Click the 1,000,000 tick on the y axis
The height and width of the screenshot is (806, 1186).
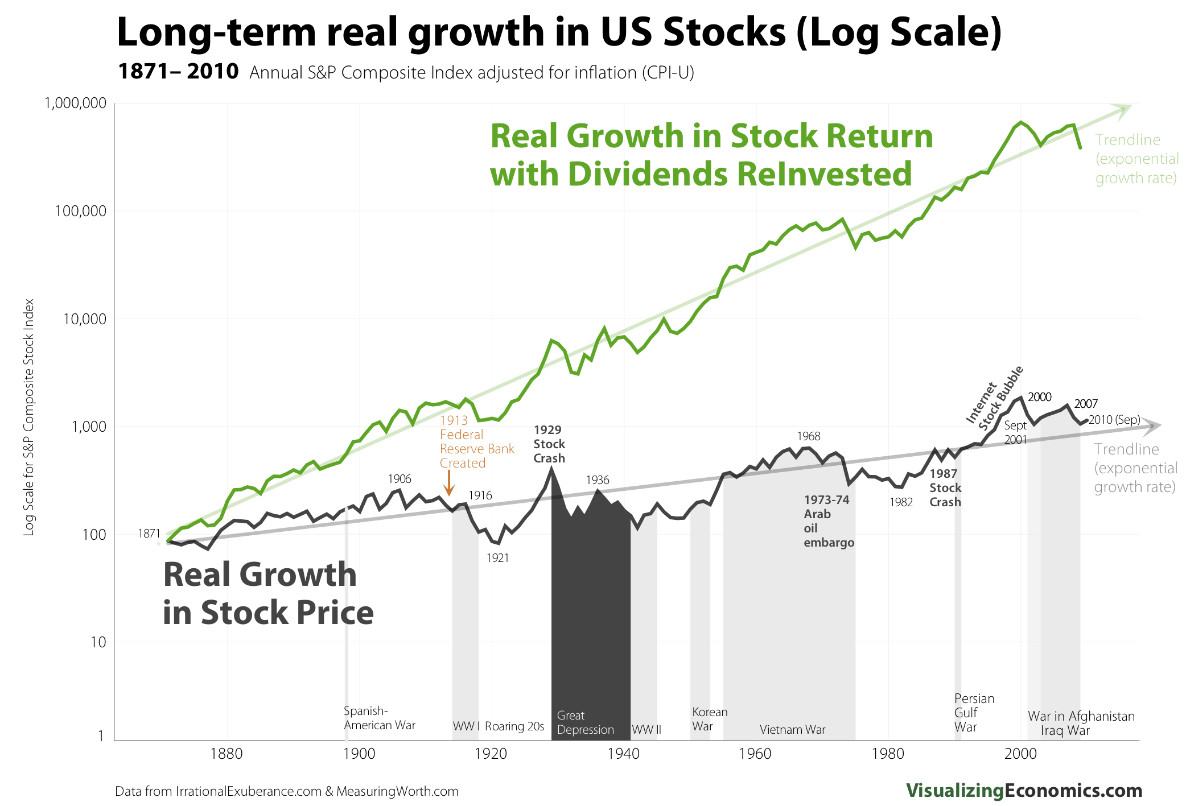click(x=75, y=103)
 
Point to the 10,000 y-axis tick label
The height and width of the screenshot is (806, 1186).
click(x=84, y=319)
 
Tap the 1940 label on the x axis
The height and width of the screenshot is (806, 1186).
click(x=623, y=754)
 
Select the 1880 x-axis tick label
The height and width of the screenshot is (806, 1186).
click(x=227, y=754)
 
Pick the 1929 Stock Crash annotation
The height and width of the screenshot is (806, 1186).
click(x=549, y=444)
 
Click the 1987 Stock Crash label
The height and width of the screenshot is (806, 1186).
click(x=945, y=487)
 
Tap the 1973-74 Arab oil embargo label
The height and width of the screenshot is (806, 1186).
click(x=828, y=520)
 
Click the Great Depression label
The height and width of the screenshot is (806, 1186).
click(x=585, y=722)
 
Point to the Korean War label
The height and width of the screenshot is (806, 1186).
click(x=709, y=719)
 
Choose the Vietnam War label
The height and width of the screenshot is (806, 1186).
click(x=792, y=730)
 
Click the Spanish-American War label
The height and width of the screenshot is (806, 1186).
click(x=379, y=718)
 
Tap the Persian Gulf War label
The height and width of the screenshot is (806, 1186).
click(x=974, y=712)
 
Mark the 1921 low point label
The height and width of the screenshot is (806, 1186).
click(x=497, y=558)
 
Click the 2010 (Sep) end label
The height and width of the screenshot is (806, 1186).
click(x=1114, y=420)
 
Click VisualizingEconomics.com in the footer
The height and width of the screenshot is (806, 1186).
click(x=1024, y=790)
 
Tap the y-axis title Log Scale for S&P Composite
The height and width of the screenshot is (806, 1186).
click(x=29, y=416)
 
